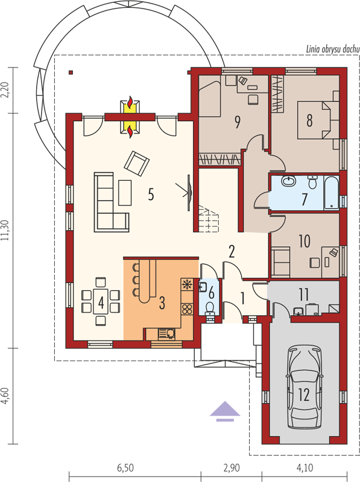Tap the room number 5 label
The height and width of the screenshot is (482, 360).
click(151, 195)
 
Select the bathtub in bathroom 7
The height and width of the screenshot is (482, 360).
click(332, 193)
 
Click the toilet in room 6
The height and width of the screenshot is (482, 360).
click(210, 307)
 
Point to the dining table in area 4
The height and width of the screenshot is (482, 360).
click(101, 301)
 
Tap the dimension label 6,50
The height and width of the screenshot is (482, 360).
click(125, 468)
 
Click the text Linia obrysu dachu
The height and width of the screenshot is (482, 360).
click(333, 49)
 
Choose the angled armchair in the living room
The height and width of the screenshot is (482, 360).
click(137, 163)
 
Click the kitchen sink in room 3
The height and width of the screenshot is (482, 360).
click(166, 334)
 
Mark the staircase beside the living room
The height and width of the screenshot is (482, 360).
click(209, 219)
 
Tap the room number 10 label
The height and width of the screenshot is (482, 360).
click(305, 241)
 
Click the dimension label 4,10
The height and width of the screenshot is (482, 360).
click(305, 468)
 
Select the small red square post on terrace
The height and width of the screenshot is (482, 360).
click(71, 72)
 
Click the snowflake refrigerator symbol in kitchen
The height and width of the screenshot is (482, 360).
click(186, 284)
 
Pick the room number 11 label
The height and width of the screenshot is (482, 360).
click(304, 295)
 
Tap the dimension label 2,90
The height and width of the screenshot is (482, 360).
click(232, 468)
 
